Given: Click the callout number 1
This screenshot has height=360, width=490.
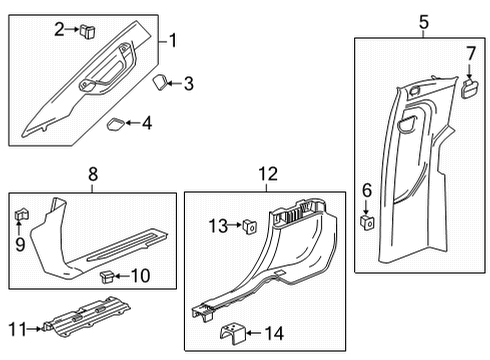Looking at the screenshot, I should [x=174, y=41].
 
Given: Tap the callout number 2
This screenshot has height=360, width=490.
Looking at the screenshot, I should [x=59, y=30].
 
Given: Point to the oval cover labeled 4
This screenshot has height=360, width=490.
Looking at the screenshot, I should [x=116, y=124].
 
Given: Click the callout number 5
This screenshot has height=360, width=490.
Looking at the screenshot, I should [x=423, y=21].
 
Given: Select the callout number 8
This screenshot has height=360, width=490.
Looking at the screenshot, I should [x=92, y=173].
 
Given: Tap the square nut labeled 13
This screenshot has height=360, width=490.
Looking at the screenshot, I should [x=247, y=226].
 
